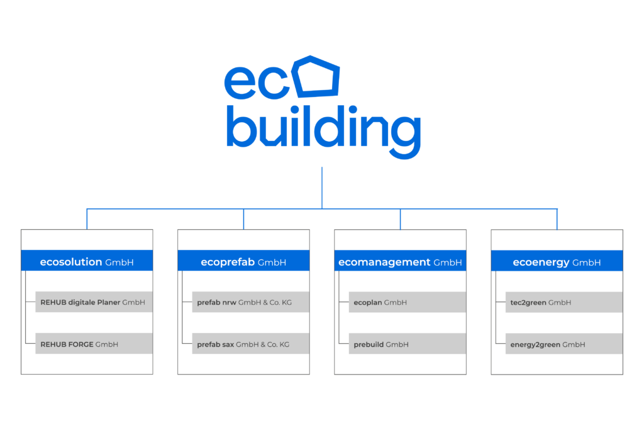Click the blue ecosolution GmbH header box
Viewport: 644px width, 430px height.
[87, 261]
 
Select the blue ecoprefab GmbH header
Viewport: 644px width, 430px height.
[243, 261]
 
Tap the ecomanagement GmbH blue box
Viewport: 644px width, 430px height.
[400, 261]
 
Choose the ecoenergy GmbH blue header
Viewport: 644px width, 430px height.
[557, 261]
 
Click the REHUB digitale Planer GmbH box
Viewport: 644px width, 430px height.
[94, 302]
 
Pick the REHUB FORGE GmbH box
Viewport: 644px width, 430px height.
[94, 344]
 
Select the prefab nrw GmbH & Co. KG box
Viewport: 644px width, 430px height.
[250, 302]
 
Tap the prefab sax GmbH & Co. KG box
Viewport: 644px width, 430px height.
[250, 344]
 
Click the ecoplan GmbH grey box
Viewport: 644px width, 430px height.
[407, 302]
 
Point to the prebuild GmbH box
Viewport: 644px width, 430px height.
[407, 344]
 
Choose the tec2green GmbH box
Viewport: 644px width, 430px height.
[563, 302]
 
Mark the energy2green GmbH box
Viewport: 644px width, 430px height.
[563, 344]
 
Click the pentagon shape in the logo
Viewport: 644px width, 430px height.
[318, 77]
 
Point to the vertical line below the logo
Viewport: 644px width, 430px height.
[322, 186]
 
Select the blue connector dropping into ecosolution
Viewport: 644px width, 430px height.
[87, 218]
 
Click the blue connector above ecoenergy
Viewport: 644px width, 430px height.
[557, 218]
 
